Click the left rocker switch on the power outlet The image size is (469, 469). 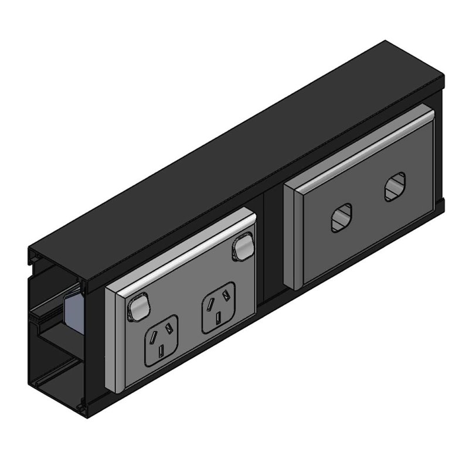(137, 306)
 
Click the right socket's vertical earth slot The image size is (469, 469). (218, 317)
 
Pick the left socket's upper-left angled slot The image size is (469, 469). (152, 335)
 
